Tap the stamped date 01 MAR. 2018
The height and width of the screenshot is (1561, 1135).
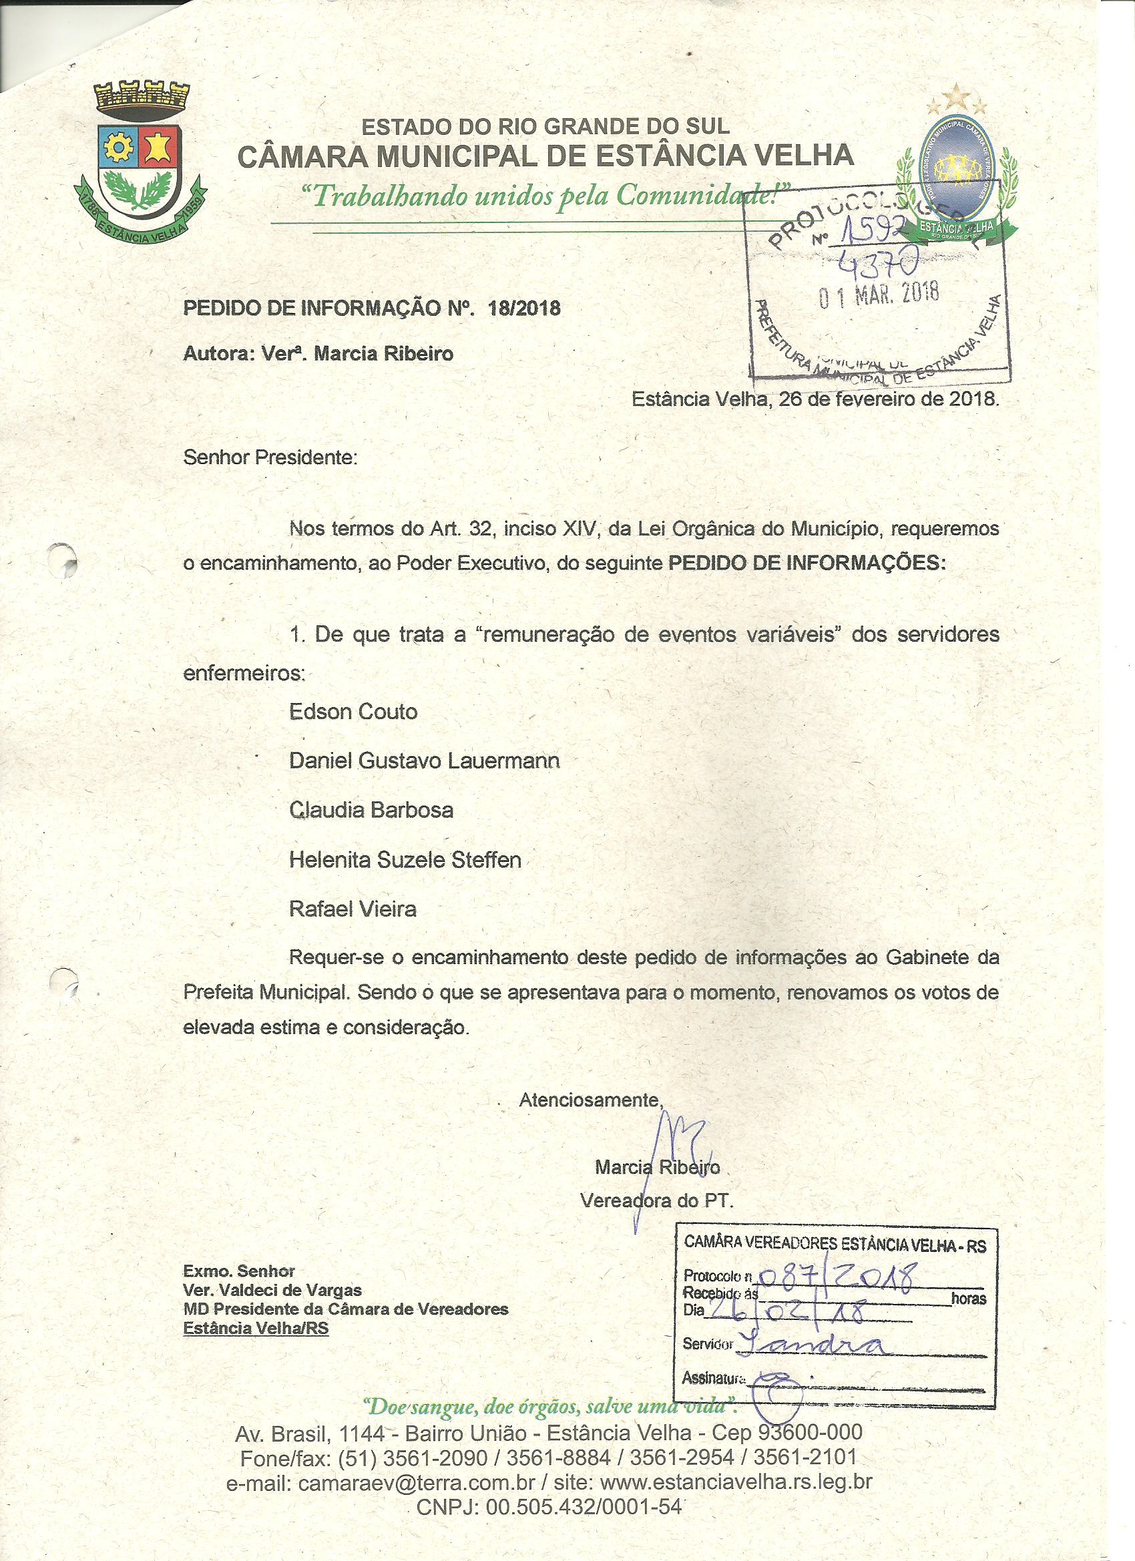coord(879,295)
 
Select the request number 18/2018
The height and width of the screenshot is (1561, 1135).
coord(524,308)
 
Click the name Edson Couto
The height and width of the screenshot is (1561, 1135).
coord(353,712)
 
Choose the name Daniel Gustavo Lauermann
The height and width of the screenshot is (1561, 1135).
coord(424,760)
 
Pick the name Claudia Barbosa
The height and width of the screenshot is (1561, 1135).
coord(371,810)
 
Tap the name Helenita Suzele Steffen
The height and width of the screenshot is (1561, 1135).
coord(405,860)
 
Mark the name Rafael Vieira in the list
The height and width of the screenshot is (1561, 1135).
coord(353,909)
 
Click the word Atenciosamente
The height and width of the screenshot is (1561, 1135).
coord(591,1100)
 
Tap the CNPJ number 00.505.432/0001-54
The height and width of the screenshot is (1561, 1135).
coord(584,1508)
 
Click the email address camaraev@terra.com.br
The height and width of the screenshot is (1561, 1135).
coord(416,1482)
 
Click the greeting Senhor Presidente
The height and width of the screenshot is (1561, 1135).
coord(270,458)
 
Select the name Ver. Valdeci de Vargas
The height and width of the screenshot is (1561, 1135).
coord(272,1290)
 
